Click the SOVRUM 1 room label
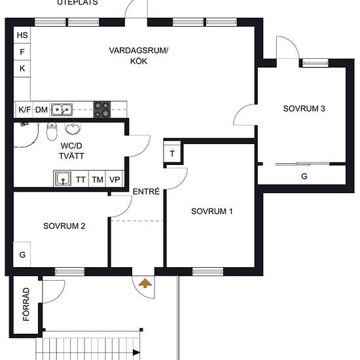pos(212,211)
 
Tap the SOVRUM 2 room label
pos(65,226)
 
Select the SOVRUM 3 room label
pos(304,109)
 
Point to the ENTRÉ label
pos(146,192)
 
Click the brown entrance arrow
pos(144,283)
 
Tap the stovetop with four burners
pos(102,109)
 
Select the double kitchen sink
pos(63,110)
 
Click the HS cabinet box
pos(22,35)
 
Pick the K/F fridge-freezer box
pos(24,110)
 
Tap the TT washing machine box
pos(81,179)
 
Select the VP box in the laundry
pos(115,179)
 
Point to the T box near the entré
pos(173,154)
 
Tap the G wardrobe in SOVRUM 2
pos(22,255)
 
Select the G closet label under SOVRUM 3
pos(304,177)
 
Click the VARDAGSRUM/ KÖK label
pos(139,56)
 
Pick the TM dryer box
pos(98,179)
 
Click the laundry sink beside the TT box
pos(63,179)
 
